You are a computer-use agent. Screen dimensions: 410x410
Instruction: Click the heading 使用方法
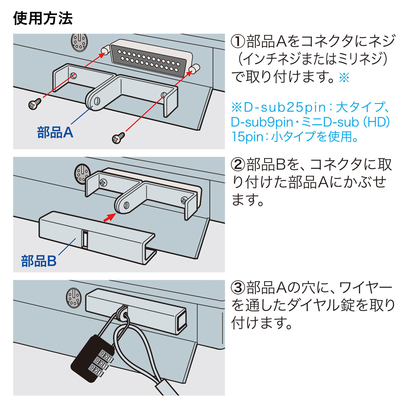click(x=43, y=18)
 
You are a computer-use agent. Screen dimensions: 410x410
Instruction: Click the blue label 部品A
click(x=55, y=132)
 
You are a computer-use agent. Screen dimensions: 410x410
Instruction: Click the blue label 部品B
click(x=39, y=261)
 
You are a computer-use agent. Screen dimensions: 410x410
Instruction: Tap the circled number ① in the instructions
click(x=238, y=41)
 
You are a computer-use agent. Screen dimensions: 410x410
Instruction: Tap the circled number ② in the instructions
click(x=238, y=164)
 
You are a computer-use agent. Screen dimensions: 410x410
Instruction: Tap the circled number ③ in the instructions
click(x=238, y=288)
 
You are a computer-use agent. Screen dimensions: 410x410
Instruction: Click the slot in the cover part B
click(x=85, y=239)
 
